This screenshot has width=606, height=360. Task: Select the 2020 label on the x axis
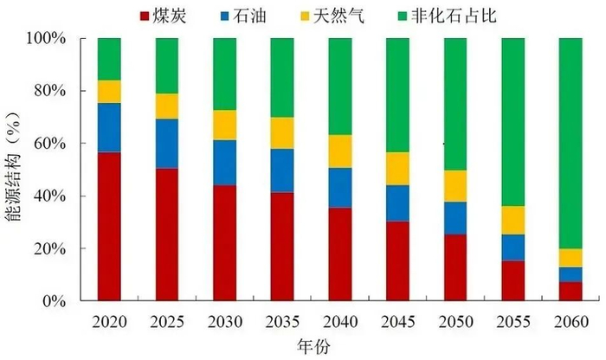(x=108, y=321)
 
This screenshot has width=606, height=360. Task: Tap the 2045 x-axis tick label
(x=397, y=321)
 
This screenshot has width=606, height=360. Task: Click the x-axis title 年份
(x=338, y=346)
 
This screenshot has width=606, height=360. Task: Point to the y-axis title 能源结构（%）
(x=14, y=170)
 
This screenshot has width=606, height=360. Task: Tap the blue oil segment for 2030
(x=224, y=163)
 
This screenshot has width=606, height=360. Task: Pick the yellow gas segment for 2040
(x=339, y=151)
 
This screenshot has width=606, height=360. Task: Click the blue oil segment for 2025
(x=166, y=144)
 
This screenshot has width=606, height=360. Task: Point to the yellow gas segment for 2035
(x=281, y=133)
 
